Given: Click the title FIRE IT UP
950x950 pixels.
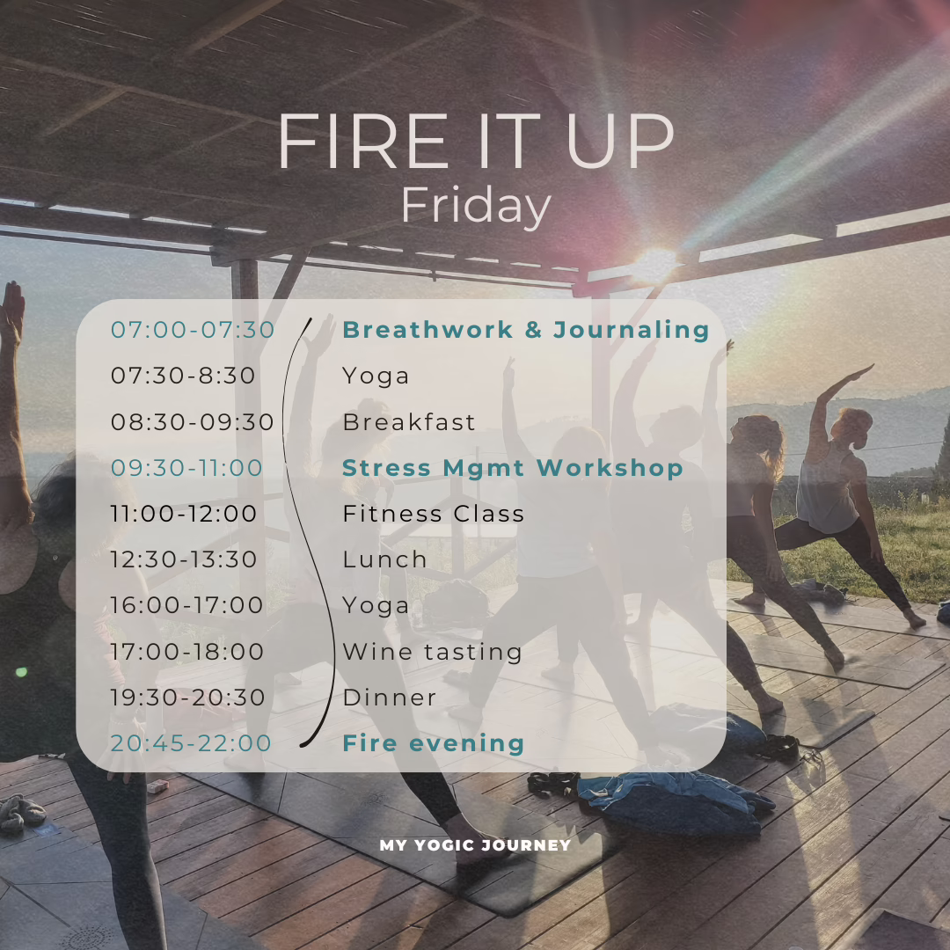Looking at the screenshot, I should click(475, 142).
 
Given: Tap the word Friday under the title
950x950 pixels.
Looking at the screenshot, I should click(475, 207).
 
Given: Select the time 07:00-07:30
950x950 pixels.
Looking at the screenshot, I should click(193, 330).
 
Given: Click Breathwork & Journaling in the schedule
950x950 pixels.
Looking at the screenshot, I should click(525, 330).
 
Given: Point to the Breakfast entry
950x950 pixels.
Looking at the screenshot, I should click(409, 422).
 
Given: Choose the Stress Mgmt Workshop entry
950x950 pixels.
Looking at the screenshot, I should click(512, 468).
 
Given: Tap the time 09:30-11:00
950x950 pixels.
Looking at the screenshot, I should click(186, 468).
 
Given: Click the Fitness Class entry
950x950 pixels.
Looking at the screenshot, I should click(434, 514).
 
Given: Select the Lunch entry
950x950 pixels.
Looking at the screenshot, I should click(385, 559).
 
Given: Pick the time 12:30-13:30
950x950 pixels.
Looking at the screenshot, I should click(184, 559).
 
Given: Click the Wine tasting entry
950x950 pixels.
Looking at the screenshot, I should click(433, 652).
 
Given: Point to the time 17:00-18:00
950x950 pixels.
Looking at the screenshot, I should click(186, 652).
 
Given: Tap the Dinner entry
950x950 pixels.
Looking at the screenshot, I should click(390, 698).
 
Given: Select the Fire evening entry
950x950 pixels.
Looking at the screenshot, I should click(433, 743).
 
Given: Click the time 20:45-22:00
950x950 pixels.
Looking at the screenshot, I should click(191, 743).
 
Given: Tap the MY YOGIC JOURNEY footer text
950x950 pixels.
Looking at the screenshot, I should click(475, 845).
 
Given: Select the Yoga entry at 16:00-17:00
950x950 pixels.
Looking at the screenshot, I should click(376, 606).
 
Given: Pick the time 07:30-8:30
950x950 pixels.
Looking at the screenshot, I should click(183, 376).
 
